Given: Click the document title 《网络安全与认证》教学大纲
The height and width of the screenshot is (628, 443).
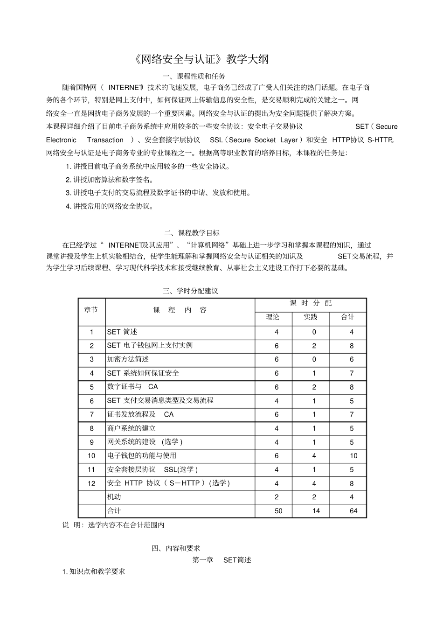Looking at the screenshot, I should (201, 60).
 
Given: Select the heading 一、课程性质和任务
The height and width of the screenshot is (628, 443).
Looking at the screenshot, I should (194, 76).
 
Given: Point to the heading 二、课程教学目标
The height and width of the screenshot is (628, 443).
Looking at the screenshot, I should (192, 233).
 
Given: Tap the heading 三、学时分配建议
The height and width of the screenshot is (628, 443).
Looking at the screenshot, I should (190, 291).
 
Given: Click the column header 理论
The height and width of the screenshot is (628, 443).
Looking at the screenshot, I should (273, 317).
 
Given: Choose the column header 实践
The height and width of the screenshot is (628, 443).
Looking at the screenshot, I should (310, 317).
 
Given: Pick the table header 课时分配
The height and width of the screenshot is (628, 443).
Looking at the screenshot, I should (311, 303).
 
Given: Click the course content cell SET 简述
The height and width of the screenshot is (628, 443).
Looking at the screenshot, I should (122, 332).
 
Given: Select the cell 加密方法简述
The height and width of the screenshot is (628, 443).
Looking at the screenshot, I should (128, 359).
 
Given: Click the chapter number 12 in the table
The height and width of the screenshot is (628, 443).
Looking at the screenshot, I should (91, 483).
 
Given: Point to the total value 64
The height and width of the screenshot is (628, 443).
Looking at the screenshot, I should (353, 511).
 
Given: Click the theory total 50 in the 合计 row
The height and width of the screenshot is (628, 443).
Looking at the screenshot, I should (278, 511).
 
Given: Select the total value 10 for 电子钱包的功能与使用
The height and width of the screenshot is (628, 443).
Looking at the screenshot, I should (353, 456).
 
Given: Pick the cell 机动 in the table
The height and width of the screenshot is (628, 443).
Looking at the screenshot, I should (114, 497).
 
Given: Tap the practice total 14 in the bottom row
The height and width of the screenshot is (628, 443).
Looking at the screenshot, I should (316, 511).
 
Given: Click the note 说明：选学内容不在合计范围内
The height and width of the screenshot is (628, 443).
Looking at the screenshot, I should (113, 525).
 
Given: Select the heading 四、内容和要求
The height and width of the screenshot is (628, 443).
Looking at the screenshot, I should (176, 548).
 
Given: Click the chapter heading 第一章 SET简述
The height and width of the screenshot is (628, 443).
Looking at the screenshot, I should (221, 560).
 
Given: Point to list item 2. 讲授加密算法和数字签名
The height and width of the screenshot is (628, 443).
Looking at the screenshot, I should (110, 180).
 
